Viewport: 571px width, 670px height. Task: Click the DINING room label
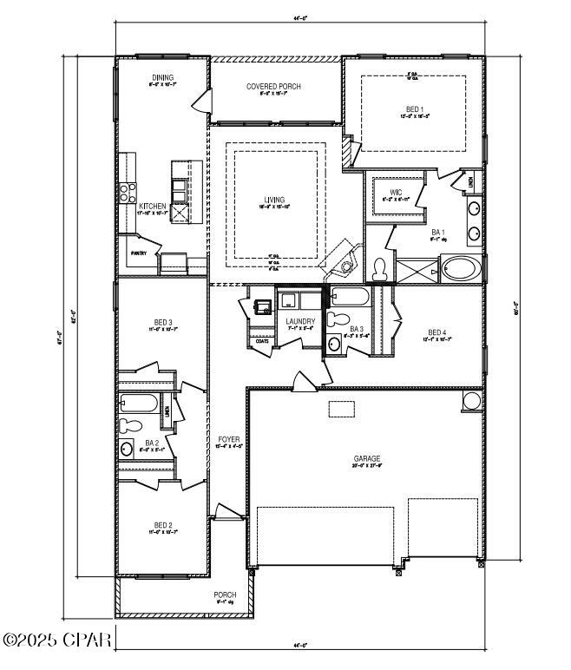(x=163, y=77)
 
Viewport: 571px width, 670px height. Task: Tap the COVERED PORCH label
(x=272, y=87)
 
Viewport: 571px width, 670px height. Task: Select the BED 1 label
(x=414, y=109)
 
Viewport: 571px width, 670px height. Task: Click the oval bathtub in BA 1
(x=460, y=268)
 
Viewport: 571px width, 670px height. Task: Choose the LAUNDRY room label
(x=300, y=322)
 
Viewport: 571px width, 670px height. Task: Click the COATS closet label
(x=262, y=340)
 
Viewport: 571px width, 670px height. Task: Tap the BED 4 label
(x=437, y=332)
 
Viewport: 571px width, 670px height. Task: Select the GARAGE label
(x=367, y=458)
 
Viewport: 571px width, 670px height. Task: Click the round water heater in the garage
(x=471, y=401)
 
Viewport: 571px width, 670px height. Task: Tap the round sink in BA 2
(x=127, y=450)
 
